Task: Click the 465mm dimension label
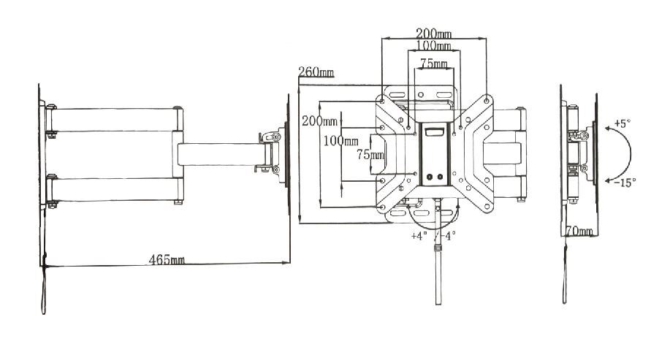tap(167, 259)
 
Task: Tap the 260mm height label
tap(316, 72)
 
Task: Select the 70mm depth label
tap(579, 231)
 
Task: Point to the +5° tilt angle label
tap(623, 123)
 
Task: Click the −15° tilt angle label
tap(625, 183)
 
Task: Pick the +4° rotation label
tap(419, 236)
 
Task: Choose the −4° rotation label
tap(448, 236)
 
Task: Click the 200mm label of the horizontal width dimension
tap(434, 33)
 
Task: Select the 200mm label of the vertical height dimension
tap(319, 121)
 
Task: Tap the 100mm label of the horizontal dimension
tap(434, 45)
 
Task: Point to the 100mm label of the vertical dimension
tap(340, 140)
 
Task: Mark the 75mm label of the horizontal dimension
tap(434, 64)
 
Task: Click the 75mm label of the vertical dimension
tap(370, 154)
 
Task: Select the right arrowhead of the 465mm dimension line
tap(286, 262)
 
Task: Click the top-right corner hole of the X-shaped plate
tap(487, 101)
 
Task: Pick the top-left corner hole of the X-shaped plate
tap(381, 102)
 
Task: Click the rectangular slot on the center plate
tap(435, 132)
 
